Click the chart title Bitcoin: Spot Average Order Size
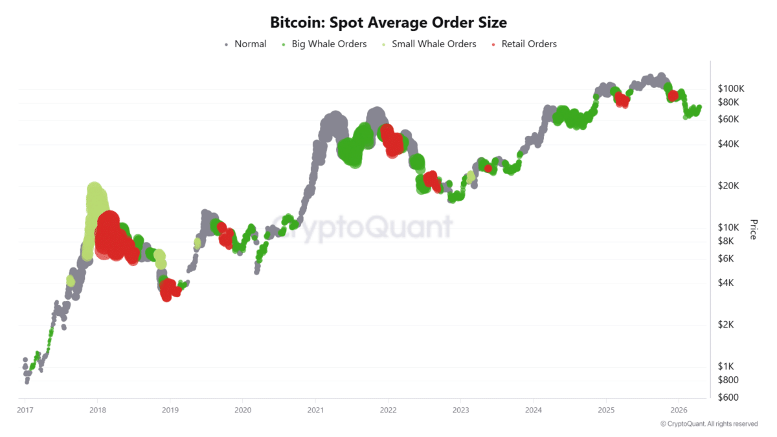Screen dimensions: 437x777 [x=388, y=22]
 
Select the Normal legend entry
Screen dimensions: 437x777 [x=245, y=44]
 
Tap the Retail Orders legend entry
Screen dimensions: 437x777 [x=524, y=44]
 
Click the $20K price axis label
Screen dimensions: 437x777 [x=730, y=186]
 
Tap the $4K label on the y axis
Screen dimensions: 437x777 [x=728, y=283]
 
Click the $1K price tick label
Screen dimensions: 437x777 [x=728, y=366]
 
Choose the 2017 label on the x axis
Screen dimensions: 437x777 [x=25, y=410]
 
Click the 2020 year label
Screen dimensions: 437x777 [x=243, y=410]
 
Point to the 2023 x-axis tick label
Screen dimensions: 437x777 [x=460, y=410]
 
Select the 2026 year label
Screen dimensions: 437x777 [x=679, y=410]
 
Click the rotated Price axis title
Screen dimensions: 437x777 [x=753, y=229]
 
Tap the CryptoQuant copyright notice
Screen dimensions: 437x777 [x=708, y=424]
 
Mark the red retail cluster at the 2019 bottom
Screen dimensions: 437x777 [x=169, y=289]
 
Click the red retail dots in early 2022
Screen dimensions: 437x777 [x=391, y=140]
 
